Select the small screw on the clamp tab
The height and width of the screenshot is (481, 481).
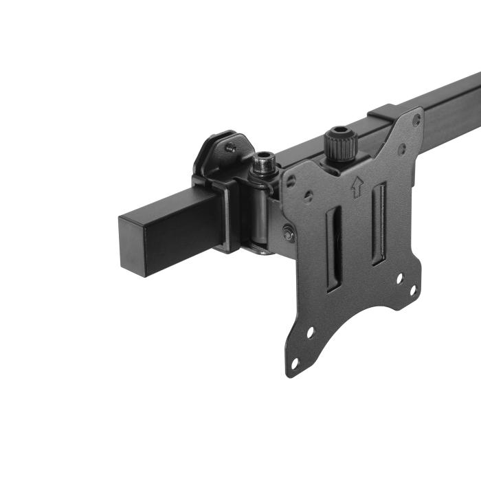tap(232, 146)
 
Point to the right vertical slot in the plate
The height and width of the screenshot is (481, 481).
tap(377, 224)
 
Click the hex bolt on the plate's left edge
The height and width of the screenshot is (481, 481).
tap(289, 234)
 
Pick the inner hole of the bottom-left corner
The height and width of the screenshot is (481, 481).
tap(310, 332)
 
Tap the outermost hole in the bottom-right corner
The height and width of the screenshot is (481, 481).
tap(412, 289)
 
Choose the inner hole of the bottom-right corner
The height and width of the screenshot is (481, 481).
tap(399, 278)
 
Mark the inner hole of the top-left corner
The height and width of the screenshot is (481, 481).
tap(309, 197)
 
